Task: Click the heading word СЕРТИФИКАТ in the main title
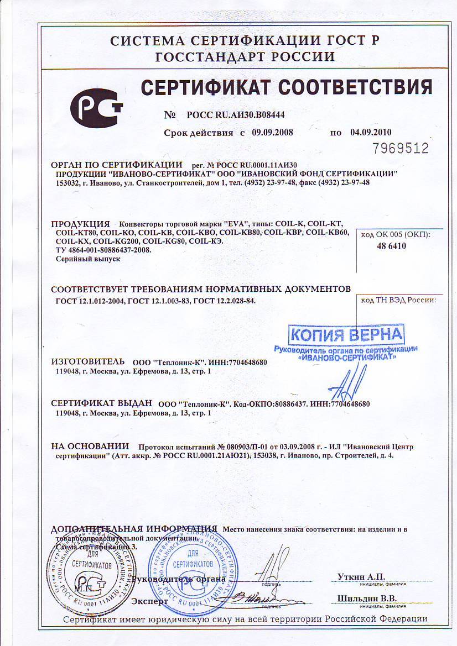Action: (204, 88)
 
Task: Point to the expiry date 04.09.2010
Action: (371, 133)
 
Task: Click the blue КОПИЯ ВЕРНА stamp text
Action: (347, 334)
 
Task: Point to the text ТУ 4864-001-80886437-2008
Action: (103, 250)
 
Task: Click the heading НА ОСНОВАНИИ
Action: (90, 446)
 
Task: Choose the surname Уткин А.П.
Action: (361, 576)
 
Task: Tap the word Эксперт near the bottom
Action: (149, 600)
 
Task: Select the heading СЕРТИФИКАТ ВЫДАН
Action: (102, 403)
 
